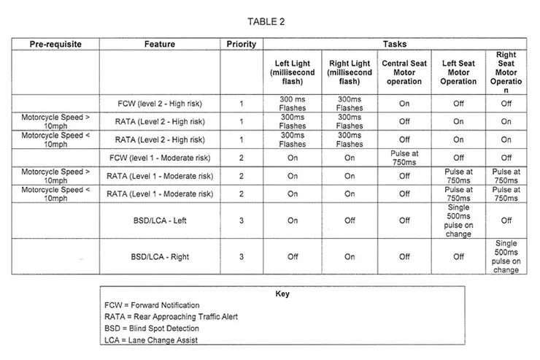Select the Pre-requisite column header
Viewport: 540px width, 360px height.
point(55,45)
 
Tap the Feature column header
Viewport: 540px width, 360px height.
point(160,45)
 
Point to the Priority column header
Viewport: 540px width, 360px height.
point(242,45)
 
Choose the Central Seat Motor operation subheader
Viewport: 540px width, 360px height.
point(404,72)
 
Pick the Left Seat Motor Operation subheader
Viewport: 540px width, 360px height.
point(458,72)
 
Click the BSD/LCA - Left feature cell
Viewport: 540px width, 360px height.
point(161,221)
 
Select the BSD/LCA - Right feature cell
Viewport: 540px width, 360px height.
point(161,257)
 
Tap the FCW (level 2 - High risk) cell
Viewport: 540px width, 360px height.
point(161,104)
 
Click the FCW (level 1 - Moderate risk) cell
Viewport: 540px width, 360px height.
point(161,158)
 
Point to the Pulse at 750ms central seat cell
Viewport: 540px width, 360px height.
point(404,158)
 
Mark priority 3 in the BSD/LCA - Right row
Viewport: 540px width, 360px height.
point(242,257)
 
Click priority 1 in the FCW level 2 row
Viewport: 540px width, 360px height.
point(242,104)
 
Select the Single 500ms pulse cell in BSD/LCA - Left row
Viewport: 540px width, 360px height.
point(458,221)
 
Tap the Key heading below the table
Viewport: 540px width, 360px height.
point(282,294)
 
